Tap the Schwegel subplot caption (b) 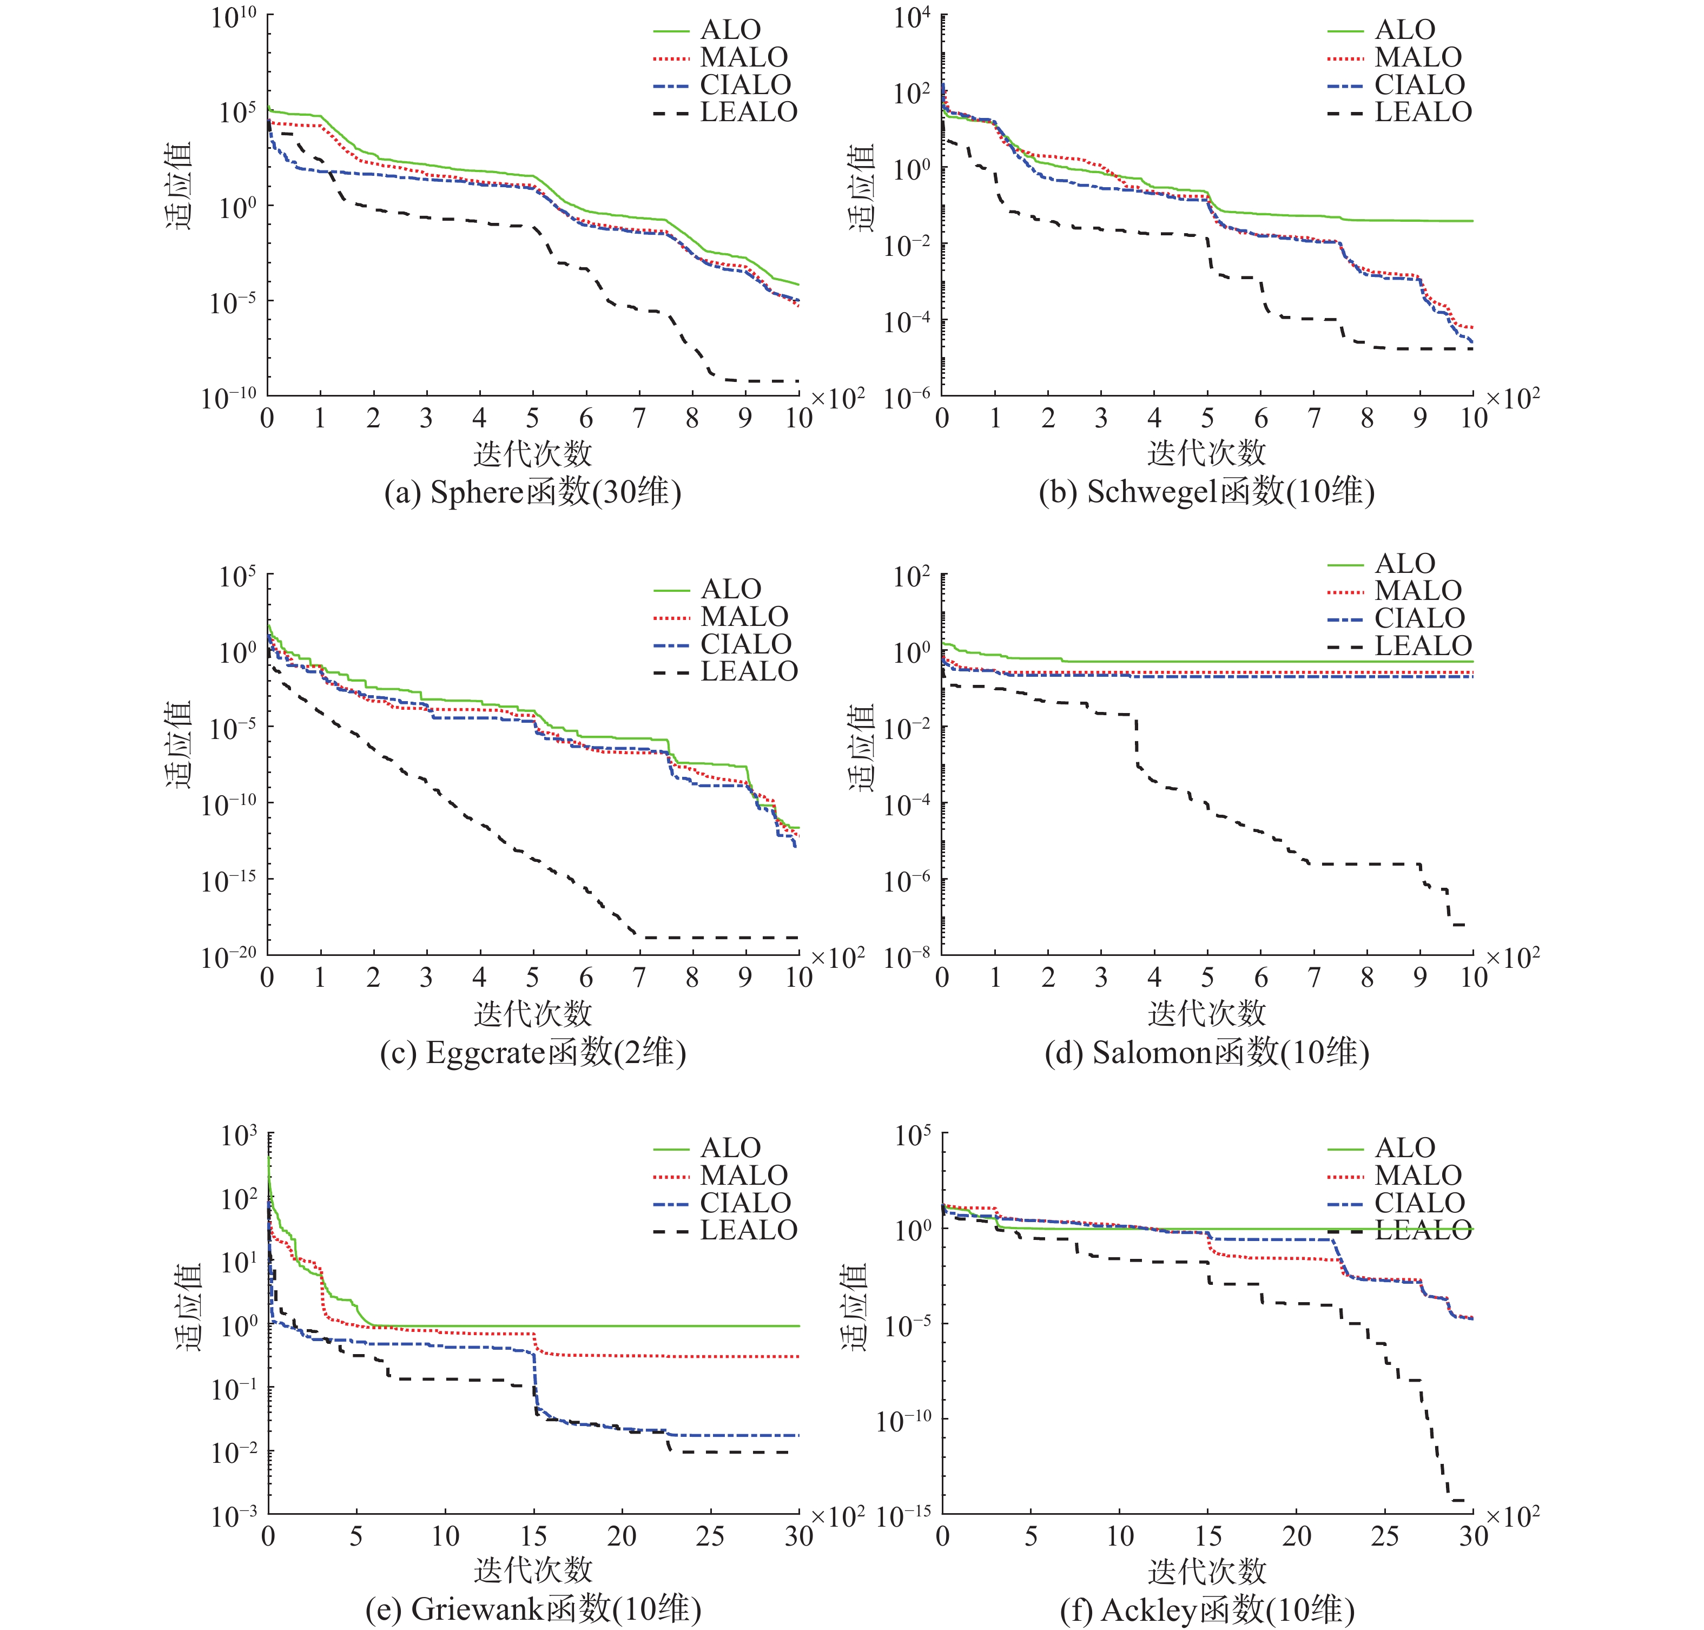1206,493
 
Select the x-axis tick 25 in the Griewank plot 709,1537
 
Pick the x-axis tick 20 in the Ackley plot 1296,1537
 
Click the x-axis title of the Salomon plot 1206,1013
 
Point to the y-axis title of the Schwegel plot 860,189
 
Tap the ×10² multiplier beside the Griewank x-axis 837,1517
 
